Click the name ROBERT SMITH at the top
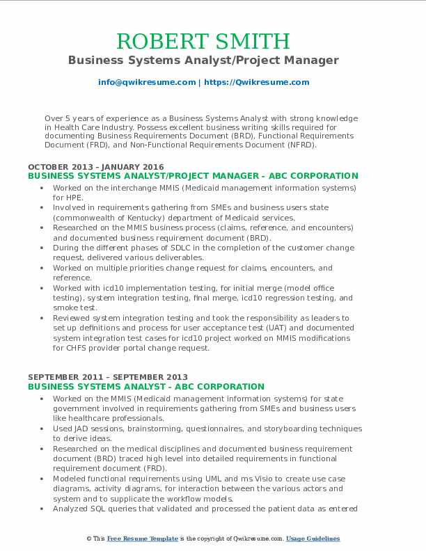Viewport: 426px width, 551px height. (x=203, y=41)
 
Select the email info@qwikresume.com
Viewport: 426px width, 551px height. (x=147, y=82)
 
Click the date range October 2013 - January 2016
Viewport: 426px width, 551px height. (x=96, y=167)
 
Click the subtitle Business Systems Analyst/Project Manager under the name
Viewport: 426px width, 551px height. (x=203, y=61)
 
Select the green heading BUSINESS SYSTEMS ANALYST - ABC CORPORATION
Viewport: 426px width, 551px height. (x=146, y=387)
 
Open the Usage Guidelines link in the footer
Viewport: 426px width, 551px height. (x=313, y=539)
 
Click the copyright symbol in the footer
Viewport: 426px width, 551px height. (x=89, y=539)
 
